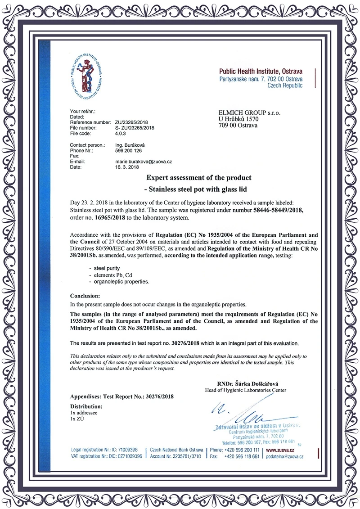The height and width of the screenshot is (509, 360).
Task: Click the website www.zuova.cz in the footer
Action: point(280,450)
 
